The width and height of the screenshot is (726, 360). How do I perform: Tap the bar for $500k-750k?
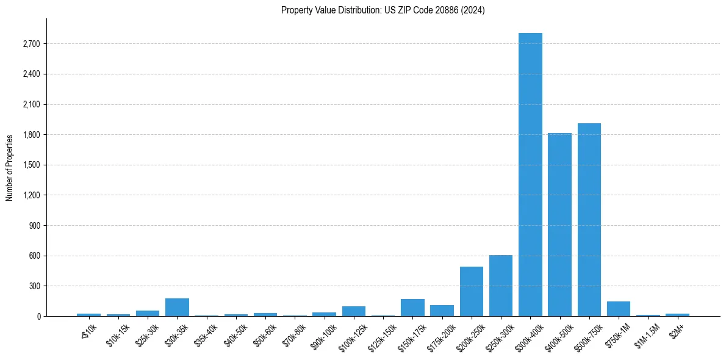pos(589,220)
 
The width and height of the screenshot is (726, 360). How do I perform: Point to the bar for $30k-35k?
pos(177,308)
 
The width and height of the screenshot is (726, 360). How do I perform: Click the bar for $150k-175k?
pos(412,308)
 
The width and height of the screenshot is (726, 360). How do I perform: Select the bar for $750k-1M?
pos(619,309)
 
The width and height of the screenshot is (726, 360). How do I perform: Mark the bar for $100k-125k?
pos(354,311)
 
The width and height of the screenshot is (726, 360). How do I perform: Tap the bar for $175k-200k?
pos(442,311)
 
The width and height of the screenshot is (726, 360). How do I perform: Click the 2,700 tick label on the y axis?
pos(31,44)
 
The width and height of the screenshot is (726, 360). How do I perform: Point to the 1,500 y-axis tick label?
pos(31,165)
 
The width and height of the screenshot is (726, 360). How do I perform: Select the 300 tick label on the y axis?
pos(35,286)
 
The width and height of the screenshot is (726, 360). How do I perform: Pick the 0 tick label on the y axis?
pos(38,316)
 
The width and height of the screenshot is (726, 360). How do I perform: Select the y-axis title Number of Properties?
pos(9,167)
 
